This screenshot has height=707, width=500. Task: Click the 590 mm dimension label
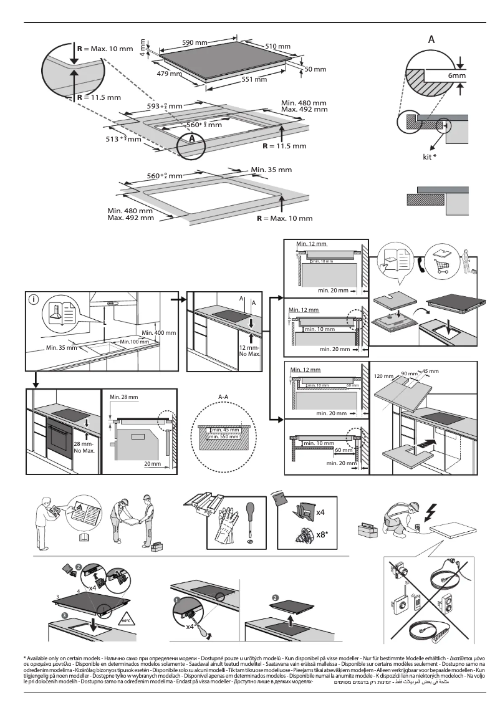pyautogui.click(x=195, y=42)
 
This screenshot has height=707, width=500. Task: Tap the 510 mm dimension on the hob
pyautogui.click(x=277, y=47)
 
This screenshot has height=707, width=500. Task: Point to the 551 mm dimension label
pyautogui.click(x=254, y=80)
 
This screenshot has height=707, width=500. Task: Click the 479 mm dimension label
pyautogui.click(x=169, y=74)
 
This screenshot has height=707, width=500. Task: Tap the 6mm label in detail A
pyautogui.click(x=456, y=76)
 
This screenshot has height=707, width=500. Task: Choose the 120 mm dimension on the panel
pyautogui.click(x=384, y=377)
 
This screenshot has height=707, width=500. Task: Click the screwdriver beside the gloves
pyautogui.click(x=250, y=519)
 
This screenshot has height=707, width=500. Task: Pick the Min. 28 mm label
pyautogui.click(x=123, y=397)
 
